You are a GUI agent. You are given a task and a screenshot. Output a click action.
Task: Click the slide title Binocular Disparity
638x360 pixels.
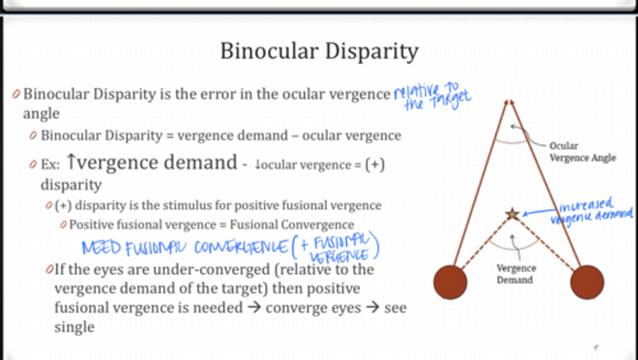(x=319, y=51)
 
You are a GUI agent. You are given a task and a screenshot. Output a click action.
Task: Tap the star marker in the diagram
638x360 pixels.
(x=513, y=214)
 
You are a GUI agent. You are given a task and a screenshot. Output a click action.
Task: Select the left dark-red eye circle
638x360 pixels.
(x=450, y=282)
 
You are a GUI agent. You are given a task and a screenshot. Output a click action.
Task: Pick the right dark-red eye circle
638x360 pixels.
(x=587, y=282)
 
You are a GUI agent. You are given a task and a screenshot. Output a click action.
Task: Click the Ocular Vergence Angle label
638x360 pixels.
(x=582, y=152)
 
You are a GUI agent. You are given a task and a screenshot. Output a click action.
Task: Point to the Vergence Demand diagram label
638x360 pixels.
(x=516, y=274)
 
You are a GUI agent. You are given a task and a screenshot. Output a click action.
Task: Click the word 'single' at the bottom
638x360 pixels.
(x=74, y=327)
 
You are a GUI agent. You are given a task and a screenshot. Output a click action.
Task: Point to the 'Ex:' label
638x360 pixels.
(x=50, y=165)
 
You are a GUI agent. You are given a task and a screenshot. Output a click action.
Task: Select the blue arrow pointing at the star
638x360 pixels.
(x=538, y=212)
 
